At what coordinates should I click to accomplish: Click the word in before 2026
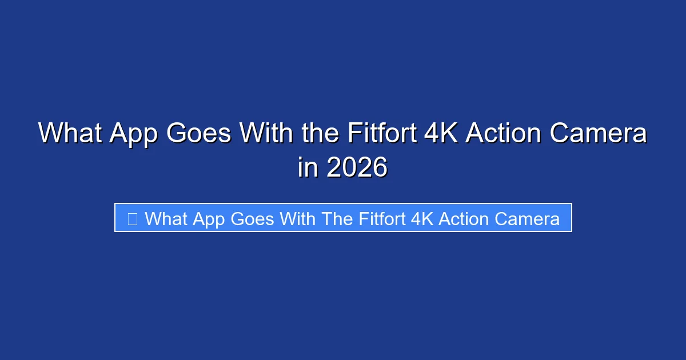tap(308, 167)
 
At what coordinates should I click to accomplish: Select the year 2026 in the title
tap(357, 167)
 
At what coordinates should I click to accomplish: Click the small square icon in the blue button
tap(132, 218)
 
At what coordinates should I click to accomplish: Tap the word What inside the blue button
tap(167, 218)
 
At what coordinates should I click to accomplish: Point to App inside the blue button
tap(212, 218)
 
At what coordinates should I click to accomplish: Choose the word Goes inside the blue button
tap(253, 218)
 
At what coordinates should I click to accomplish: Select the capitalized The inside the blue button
tap(337, 218)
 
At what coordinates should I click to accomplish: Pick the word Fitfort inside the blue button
tap(382, 218)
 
